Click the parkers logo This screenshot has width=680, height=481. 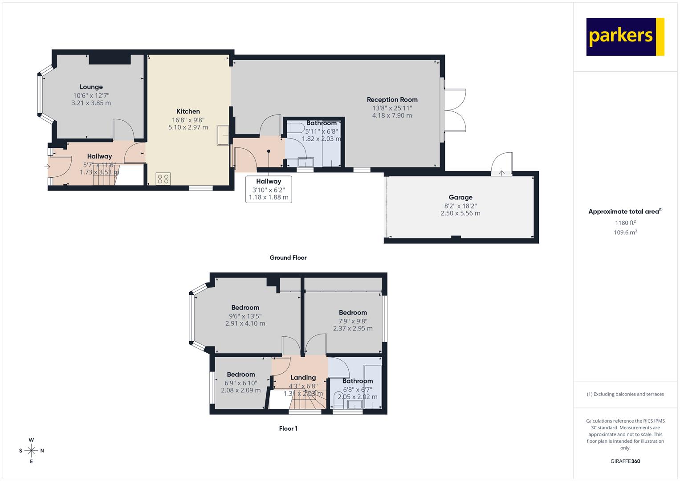click(x=625, y=37)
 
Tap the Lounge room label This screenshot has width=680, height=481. click(x=91, y=87)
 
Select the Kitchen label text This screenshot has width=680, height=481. click(x=188, y=111)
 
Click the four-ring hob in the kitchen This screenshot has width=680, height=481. click(x=163, y=179)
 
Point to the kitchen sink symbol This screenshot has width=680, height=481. click(x=223, y=135)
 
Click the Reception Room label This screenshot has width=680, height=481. click(x=392, y=100)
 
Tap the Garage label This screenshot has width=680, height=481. click(x=460, y=197)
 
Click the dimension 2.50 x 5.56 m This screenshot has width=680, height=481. click(x=460, y=213)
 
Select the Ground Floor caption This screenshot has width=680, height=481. click(x=288, y=257)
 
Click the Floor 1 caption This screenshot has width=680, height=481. click(x=288, y=428)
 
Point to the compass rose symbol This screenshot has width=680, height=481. click(x=31, y=451)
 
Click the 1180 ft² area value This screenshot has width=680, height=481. click(x=625, y=223)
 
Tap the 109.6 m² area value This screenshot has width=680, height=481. click(x=625, y=232)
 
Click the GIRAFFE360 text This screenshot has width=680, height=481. click(x=625, y=461)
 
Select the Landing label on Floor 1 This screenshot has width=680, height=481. click(x=303, y=378)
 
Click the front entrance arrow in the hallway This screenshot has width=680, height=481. click(x=47, y=167)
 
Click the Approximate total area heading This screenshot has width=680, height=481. click(x=625, y=212)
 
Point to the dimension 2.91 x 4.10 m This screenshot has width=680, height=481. click(x=245, y=323)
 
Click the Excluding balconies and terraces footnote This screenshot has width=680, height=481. click(x=625, y=394)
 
